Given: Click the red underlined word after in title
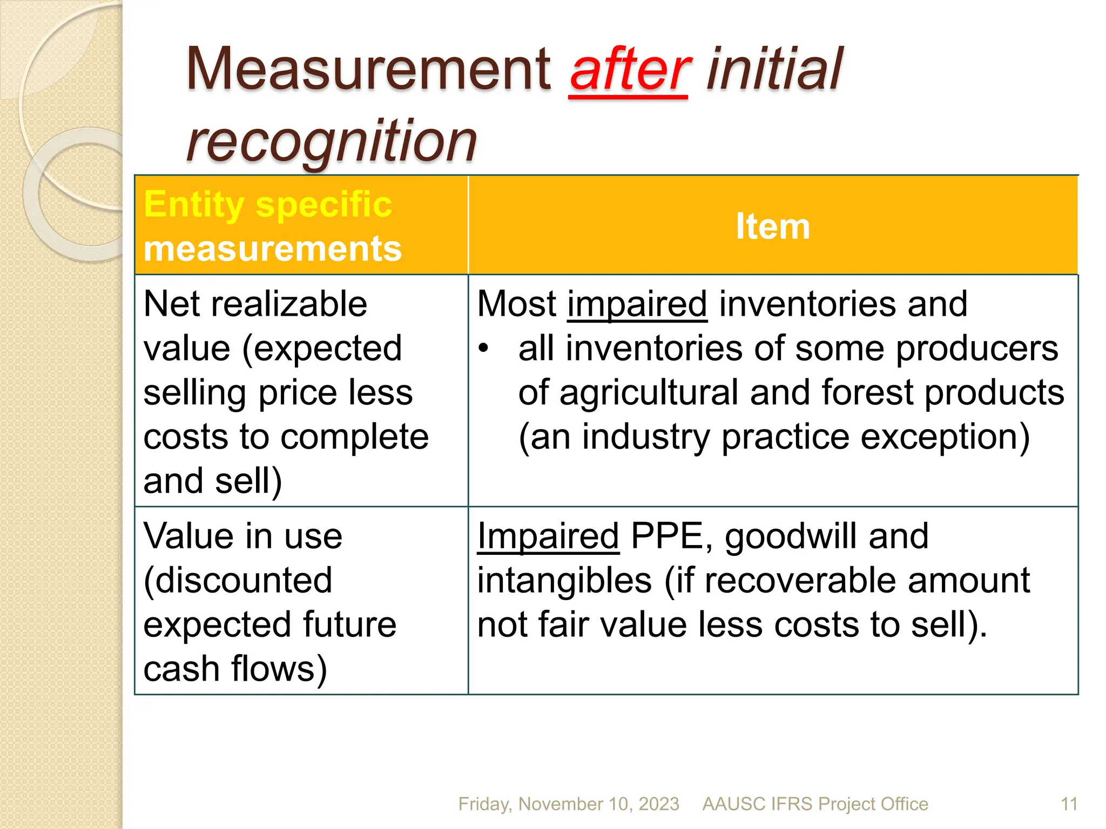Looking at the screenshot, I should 629,70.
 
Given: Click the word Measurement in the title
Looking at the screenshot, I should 368,70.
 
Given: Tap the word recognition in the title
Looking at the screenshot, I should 332,141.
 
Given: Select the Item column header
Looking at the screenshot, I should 773,226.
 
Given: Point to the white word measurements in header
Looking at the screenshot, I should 273,249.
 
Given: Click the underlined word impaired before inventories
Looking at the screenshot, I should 637,305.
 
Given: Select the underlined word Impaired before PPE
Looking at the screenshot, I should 548,536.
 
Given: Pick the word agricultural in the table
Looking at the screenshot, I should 648,393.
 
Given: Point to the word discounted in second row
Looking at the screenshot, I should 238,581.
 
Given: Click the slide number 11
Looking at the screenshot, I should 1069,804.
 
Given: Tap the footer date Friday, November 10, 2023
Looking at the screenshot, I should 569,804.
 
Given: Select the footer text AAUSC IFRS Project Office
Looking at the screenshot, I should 815,804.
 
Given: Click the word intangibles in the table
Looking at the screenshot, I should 564,581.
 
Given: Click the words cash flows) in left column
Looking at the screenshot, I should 235,669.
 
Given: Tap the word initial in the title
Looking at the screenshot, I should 773,70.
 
